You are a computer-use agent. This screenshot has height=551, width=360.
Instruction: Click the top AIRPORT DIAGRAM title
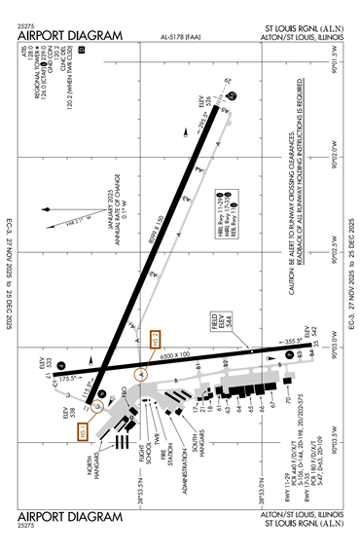tap(71, 36)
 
